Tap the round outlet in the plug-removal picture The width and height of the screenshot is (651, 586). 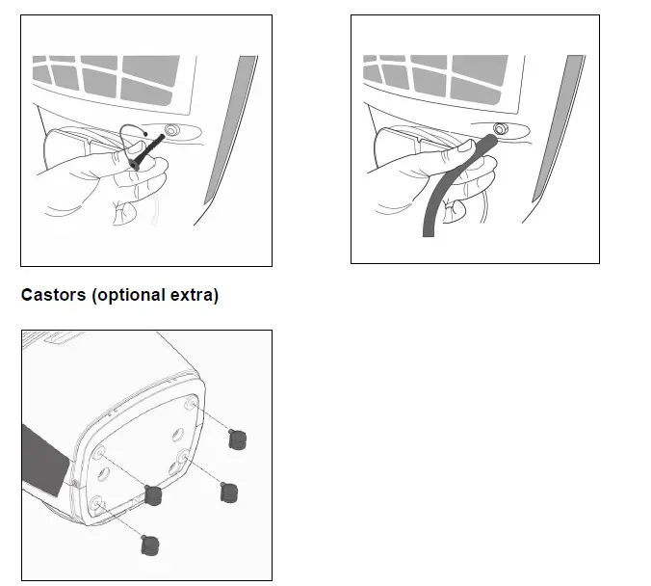(171, 130)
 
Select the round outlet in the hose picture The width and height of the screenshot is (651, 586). (501, 129)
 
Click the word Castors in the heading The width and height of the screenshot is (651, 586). (54, 295)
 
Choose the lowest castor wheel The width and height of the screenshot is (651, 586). (148, 546)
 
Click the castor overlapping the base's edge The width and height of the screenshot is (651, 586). (151, 495)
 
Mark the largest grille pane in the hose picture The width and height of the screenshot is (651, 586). (479, 73)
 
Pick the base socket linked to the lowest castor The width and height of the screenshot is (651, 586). (98, 502)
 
